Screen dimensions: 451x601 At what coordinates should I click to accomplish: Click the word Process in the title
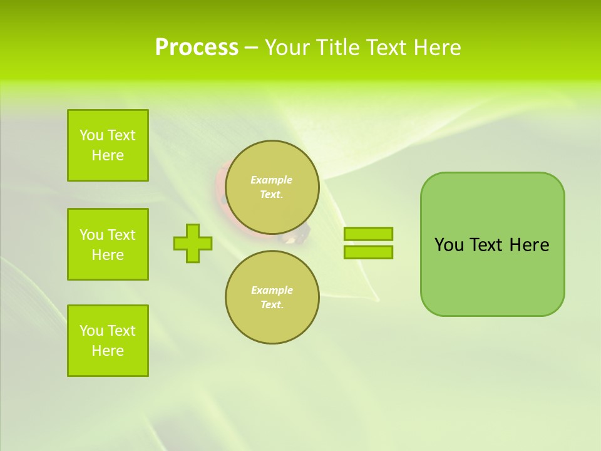point(197,48)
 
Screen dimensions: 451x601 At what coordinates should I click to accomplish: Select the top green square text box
point(108,145)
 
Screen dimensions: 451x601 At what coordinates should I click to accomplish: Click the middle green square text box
point(108,244)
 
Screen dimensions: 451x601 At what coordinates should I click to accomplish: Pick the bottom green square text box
point(108,341)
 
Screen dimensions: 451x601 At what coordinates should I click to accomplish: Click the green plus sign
point(193,243)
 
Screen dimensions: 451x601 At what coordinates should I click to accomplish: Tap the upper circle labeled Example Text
point(272,187)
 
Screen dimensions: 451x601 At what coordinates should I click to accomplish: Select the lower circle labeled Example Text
point(272,298)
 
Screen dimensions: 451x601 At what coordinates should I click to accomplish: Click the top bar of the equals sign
point(368,234)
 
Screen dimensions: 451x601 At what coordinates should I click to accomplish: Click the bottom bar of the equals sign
point(368,252)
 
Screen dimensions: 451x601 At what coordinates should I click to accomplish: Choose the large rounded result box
point(492,276)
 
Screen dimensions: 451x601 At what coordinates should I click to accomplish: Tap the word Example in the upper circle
point(271,180)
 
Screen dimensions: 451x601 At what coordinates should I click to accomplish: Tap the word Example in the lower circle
point(272,290)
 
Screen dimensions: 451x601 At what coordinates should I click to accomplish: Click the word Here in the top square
point(108,155)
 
